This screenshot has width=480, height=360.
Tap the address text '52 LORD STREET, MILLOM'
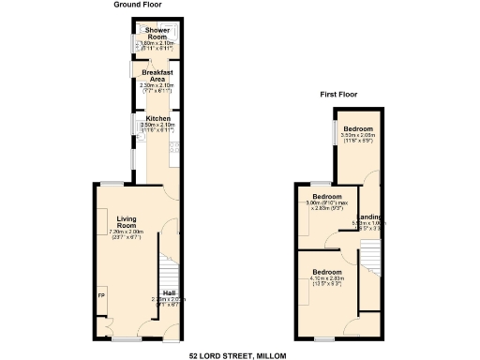click(x=238, y=355)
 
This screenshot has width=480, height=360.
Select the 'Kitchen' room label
click(x=157, y=118)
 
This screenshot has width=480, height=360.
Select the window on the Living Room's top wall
click(x=116, y=182)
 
